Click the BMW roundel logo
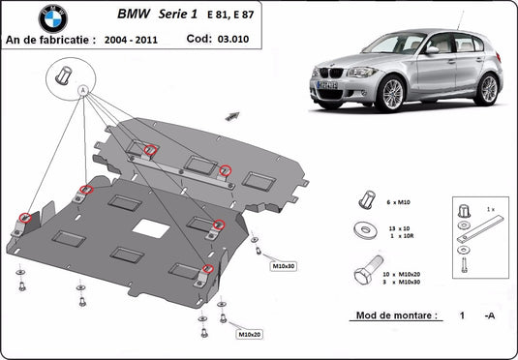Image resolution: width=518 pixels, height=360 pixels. click(x=52, y=17)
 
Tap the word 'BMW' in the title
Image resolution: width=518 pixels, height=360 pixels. click(x=136, y=15)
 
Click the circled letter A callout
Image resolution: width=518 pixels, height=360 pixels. click(x=83, y=90)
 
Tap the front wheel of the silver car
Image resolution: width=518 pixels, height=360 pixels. click(x=393, y=94)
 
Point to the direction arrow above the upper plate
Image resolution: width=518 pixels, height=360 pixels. click(x=232, y=114)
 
